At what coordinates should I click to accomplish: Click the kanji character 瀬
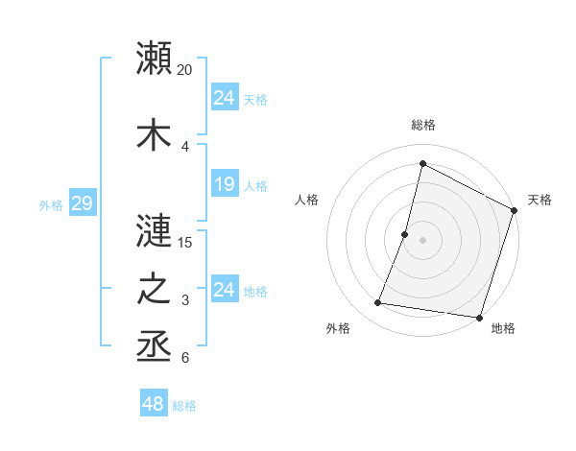tap(155, 59)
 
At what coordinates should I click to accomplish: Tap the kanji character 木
tap(155, 133)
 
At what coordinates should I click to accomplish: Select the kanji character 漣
tap(155, 230)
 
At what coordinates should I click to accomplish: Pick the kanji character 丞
tap(155, 346)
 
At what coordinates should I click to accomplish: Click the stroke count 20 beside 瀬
tap(185, 70)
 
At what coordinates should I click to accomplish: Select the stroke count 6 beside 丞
tap(184, 359)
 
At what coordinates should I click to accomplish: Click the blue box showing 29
tap(82, 203)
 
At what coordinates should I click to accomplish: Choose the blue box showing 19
tap(225, 184)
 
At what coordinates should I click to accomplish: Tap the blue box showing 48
tap(154, 404)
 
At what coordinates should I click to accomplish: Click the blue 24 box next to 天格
tap(225, 97)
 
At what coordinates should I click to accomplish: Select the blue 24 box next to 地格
tap(225, 290)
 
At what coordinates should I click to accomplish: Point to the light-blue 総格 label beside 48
tap(184, 406)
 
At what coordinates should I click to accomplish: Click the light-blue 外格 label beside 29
tap(51, 204)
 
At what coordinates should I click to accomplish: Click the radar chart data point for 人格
tap(405, 234)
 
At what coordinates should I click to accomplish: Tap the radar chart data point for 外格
tap(378, 303)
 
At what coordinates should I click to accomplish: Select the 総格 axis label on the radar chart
tap(423, 125)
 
